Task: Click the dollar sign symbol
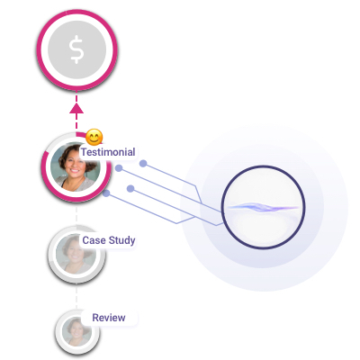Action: click(76, 49)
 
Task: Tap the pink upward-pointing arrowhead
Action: click(76, 108)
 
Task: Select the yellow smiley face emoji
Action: click(94, 137)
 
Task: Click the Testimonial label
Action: click(108, 152)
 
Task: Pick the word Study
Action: click(121, 240)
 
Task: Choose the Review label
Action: click(109, 318)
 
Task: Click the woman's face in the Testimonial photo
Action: click(74, 166)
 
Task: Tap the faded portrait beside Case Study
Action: click(76, 254)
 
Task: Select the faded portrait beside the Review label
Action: click(77, 332)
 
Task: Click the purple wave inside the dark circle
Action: click(263, 207)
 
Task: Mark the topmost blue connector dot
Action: click(143, 164)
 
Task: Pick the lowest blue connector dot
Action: click(106, 193)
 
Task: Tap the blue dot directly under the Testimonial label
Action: click(119, 168)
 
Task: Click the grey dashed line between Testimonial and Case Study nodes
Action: click(76, 214)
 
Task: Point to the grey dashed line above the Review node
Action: click(76, 296)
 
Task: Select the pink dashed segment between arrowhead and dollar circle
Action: click(76, 97)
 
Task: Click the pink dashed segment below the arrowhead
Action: click(76, 122)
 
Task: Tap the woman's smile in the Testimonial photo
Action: click(74, 172)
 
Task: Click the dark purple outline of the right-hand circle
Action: click(221, 207)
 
